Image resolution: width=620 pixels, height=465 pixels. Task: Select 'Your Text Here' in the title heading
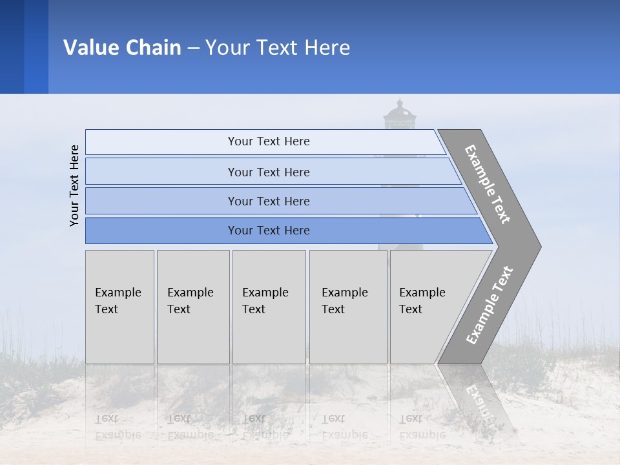(278, 48)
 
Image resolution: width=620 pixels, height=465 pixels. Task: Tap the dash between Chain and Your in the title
(193, 48)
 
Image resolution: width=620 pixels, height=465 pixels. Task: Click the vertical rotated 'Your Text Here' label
(74, 185)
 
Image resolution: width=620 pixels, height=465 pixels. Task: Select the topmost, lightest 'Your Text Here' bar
(268, 141)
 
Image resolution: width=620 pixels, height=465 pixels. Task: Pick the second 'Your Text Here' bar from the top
(268, 172)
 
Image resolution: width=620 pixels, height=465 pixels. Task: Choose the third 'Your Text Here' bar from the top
(268, 201)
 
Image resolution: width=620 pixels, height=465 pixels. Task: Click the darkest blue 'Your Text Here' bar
(268, 231)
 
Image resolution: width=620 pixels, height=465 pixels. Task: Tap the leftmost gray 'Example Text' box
(119, 306)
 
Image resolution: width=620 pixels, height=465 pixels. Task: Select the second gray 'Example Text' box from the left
(192, 306)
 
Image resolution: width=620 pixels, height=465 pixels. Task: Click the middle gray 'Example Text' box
(269, 306)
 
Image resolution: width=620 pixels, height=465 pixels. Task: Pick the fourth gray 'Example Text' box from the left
(347, 306)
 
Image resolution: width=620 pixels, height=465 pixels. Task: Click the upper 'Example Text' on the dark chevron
(488, 184)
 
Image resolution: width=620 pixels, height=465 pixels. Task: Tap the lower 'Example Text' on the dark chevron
(490, 305)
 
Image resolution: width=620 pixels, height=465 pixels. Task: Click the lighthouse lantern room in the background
(400, 119)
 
